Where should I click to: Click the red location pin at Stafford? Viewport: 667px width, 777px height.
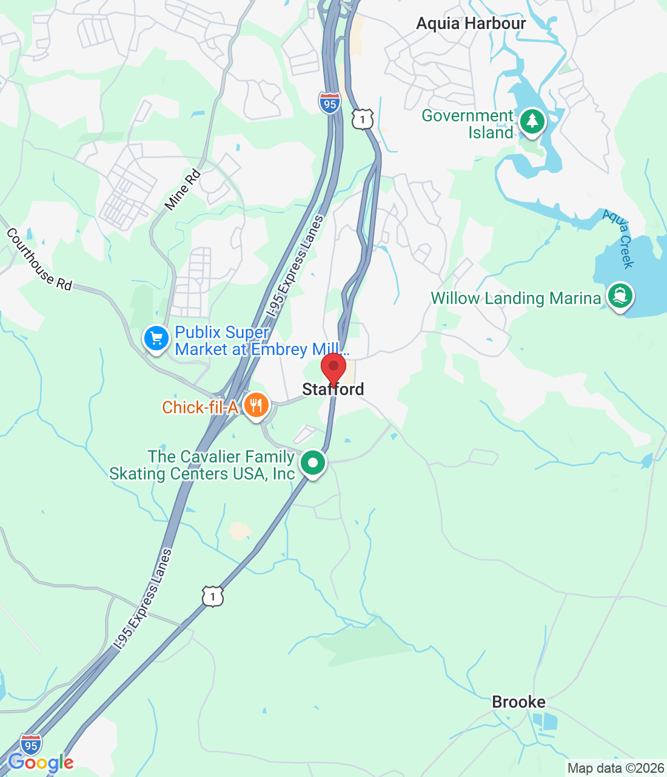[x=333, y=368]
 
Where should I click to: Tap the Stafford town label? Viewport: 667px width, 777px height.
[x=333, y=390]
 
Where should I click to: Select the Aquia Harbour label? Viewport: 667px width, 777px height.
[x=471, y=24]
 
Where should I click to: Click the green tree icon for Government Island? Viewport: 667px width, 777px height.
[x=532, y=121]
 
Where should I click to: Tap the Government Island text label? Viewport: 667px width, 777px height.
[x=468, y=124]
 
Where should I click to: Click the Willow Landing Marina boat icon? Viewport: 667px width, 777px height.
[x=619, y=296]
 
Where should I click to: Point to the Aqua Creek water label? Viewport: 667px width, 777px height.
[x=618, y=239]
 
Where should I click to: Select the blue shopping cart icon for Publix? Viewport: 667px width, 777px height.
[x=156, y=339]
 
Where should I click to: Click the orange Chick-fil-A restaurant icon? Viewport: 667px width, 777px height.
[x=256, y=405]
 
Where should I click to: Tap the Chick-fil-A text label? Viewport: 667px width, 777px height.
[x=200, y=407]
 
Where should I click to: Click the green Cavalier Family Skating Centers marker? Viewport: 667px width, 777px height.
[x=313, y=463]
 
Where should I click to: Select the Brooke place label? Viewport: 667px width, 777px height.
[x=518, y=702]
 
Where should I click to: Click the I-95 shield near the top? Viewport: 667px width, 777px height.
[x=329, y=103]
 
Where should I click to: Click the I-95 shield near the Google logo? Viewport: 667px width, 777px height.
[x=30, y=744]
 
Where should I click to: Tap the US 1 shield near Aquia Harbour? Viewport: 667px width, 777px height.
[x=363, y=119]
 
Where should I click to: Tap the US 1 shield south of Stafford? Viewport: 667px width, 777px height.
[x=213, y=596]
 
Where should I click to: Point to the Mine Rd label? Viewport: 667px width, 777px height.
[x=183, y=191]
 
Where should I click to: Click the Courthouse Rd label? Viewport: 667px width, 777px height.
[x=39, y=259]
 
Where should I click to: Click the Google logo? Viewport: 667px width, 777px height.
[x=41, y=762]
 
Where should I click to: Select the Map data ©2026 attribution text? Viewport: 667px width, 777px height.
[x=615, y=769]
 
